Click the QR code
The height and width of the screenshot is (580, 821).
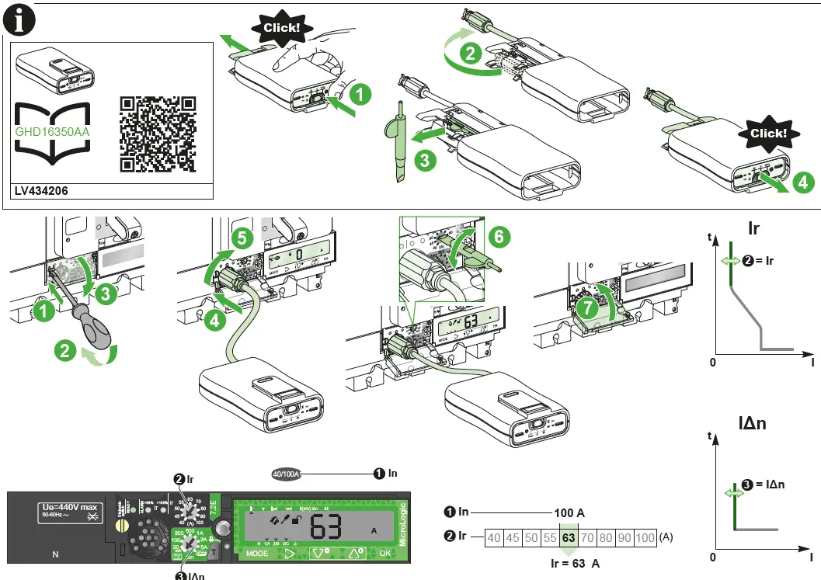[x=158, y=134]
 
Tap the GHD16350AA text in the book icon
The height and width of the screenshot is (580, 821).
[x=53, y=131]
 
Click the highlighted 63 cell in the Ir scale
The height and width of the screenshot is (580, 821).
[x=569, y=537]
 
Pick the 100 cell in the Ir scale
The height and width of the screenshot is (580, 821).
[x=645, y=537]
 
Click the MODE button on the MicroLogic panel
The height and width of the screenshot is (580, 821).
[x=257, y=554]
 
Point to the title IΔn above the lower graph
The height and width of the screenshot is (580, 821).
[x=752, y=423]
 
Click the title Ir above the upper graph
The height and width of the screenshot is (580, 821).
[x=753, y=228]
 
